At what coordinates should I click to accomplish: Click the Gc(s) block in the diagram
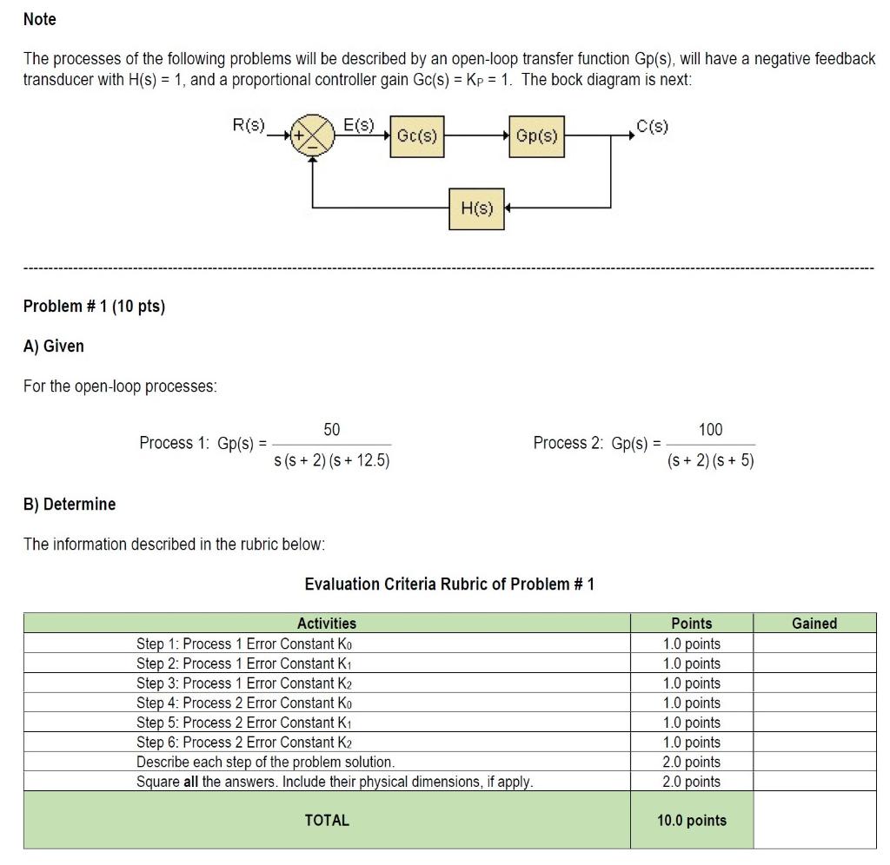click(416, 136)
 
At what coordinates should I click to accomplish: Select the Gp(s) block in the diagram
click(536, 136)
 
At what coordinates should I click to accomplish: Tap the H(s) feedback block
click(476, 208)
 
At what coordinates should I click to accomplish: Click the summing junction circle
click(313, 136)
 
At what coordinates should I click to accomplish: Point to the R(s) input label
click(249, 125)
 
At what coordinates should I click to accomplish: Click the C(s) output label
click(652, 127)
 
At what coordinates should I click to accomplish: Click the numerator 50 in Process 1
click(332, 430)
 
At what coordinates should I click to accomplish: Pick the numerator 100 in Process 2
click(710, 430)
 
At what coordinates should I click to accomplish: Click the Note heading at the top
click(40, 19)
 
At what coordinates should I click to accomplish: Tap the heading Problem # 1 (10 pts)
click(94, 307)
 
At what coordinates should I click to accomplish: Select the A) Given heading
click(54, 347)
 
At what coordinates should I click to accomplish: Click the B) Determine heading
click(70, 505)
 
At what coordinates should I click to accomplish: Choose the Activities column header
click(327, 624)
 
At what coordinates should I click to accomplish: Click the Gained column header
click(814, 624)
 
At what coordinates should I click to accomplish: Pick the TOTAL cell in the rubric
click(327, 820)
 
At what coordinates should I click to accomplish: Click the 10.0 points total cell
click(692, 820)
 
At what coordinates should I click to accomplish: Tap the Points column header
click(692, 624)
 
